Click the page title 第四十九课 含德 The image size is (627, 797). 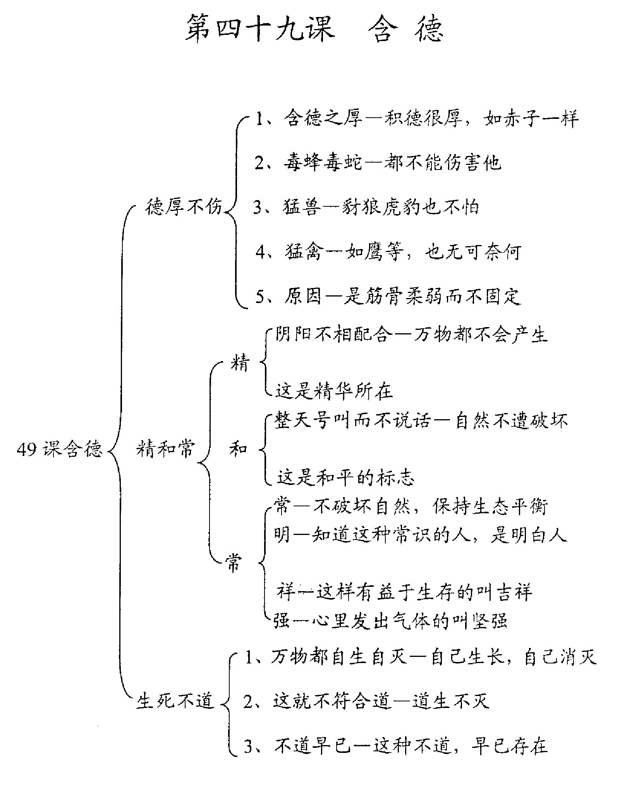314,28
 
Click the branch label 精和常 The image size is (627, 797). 165,449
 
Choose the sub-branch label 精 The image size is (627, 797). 239,363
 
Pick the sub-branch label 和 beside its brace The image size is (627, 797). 238,449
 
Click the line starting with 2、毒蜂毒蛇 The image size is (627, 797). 378,163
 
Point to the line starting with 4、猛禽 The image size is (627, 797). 388,252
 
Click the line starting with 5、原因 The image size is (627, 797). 388,297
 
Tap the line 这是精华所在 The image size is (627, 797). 334,391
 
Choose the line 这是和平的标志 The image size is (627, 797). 346,477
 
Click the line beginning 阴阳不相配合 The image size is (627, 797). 411,334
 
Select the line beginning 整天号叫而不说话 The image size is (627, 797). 421,420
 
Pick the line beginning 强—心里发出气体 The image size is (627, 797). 390,621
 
